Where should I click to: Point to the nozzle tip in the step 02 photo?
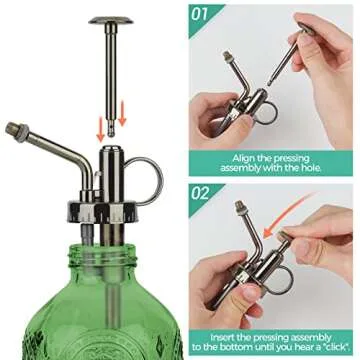pyautogui.click(x=241, y=208)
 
